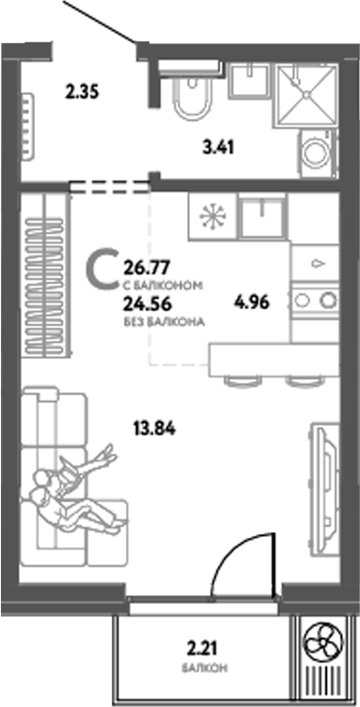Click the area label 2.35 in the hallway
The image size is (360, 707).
83,92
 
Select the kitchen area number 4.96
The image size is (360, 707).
251,303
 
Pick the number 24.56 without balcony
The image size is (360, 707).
144,303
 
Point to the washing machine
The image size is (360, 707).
315,150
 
